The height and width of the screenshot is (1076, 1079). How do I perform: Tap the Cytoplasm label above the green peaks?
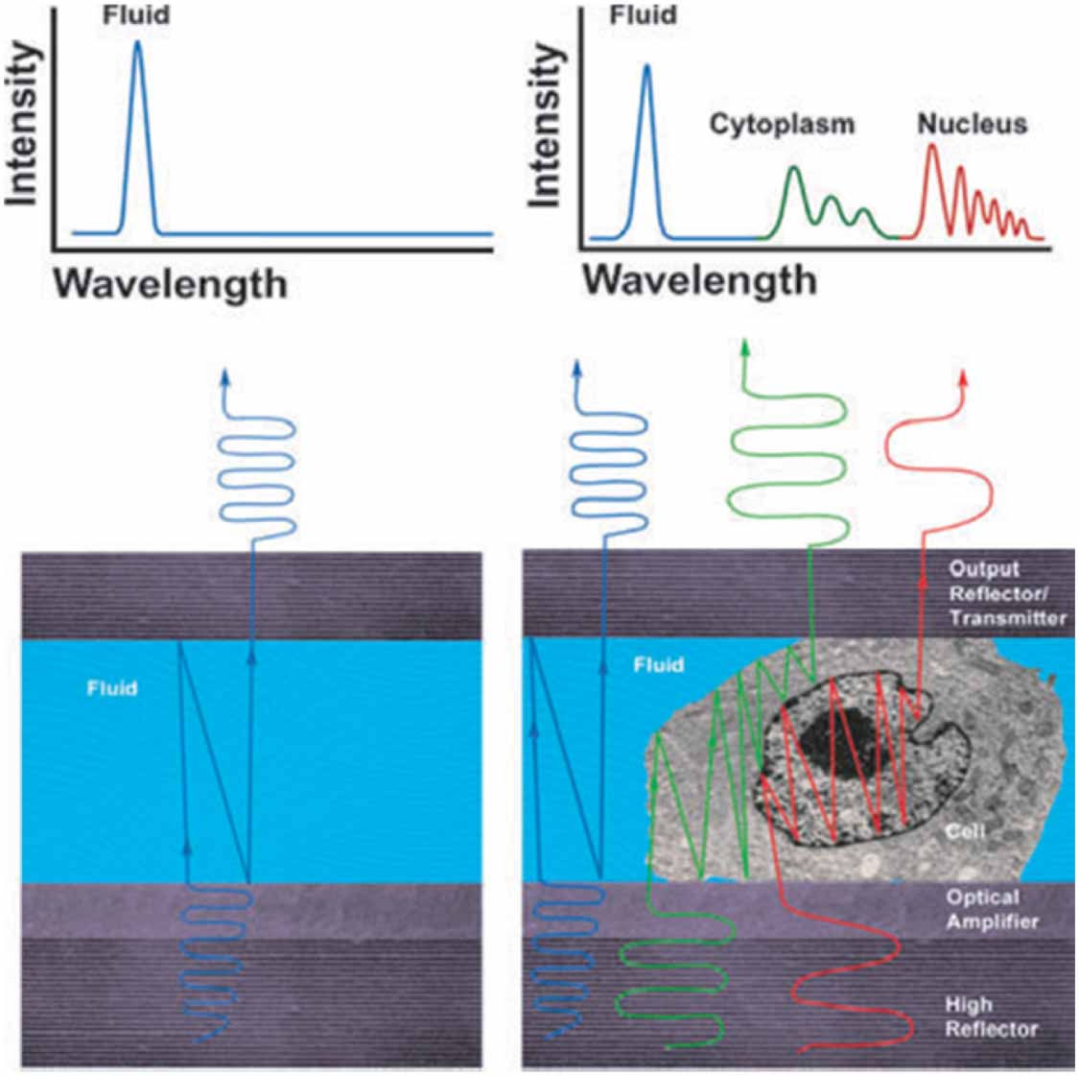(782, 125)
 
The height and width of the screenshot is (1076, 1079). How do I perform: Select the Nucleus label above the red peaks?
(972, 124)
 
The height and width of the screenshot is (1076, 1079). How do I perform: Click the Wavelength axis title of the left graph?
(170, 284)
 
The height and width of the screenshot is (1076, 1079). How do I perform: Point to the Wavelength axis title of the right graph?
(700, 280)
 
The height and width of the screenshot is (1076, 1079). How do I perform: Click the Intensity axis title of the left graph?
(23, 125)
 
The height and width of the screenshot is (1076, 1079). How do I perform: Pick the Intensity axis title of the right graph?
(547, 125)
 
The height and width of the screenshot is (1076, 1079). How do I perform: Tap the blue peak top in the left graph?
(138, 44)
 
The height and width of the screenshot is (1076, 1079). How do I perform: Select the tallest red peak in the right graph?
(931, 147)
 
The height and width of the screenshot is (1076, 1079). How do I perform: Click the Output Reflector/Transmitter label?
(1006, 593)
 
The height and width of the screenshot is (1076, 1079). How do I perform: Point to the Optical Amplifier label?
(992, 909)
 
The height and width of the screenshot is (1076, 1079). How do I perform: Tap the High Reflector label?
(991, 1016)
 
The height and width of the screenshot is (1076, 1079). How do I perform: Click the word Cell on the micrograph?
(965, 830)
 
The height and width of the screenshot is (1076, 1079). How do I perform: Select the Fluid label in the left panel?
(112, 688)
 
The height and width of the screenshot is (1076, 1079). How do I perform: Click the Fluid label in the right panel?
(659, 664)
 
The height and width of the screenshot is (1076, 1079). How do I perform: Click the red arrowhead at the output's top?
(963, 375)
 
